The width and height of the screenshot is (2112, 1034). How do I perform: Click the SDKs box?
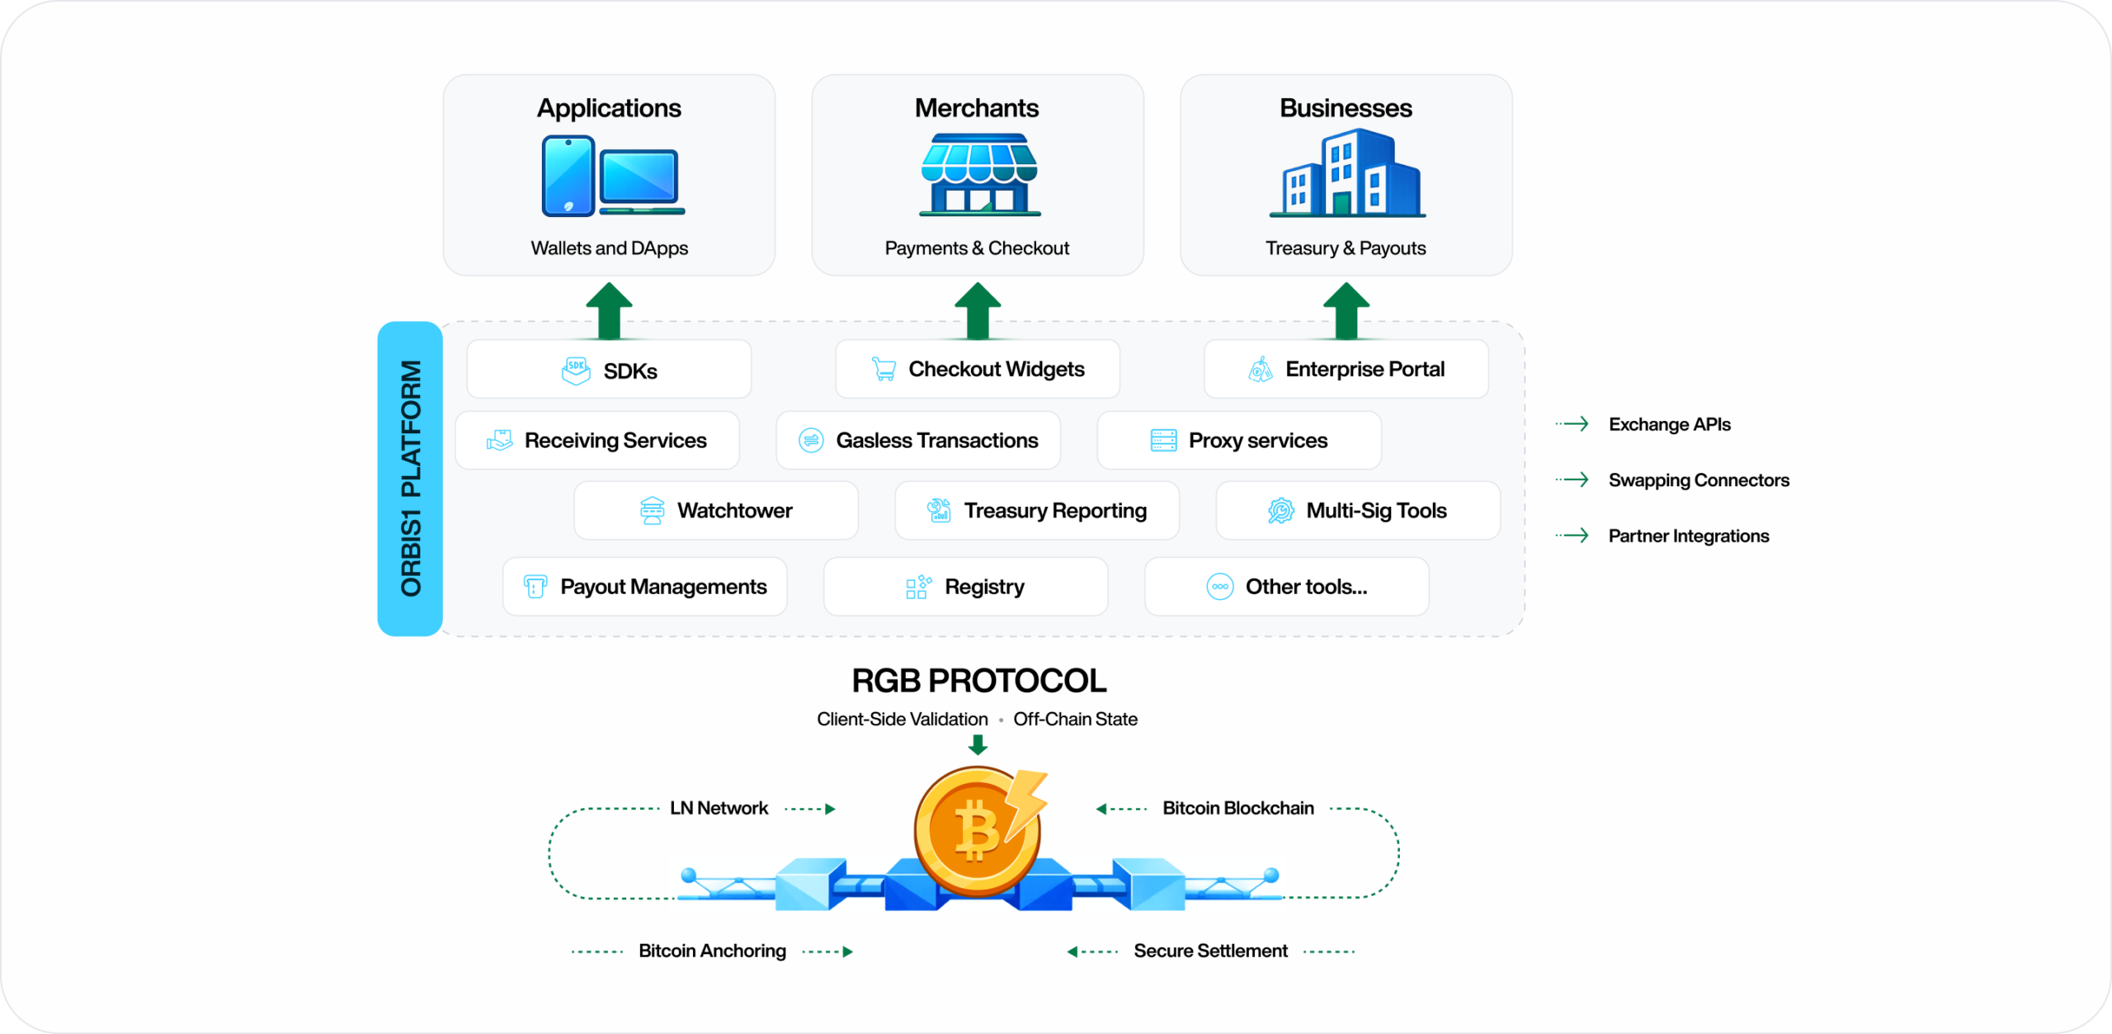609,370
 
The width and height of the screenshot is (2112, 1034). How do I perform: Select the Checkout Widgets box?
978,369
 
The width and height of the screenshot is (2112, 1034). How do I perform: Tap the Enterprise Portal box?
1346,369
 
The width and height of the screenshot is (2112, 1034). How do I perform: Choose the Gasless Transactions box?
918,441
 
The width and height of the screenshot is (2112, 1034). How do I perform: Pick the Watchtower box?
716,511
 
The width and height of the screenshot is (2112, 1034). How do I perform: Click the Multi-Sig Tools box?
1358,511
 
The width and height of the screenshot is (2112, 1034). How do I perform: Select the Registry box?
965,587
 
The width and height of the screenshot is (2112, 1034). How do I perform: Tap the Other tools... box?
1286,587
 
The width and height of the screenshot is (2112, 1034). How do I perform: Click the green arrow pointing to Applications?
609,311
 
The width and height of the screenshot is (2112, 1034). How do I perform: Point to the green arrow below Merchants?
978,311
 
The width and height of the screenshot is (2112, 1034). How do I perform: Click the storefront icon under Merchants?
979,175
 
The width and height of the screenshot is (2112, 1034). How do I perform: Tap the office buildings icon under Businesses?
1347,175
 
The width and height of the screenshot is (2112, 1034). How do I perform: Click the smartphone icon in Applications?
568,176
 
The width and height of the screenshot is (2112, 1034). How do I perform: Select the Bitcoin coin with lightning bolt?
978,829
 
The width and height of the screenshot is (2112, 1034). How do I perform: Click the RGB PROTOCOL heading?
978,681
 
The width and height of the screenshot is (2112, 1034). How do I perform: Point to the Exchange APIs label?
1669,424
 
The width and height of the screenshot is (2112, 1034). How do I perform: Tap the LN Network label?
719,808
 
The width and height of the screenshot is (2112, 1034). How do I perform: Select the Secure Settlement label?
1210,951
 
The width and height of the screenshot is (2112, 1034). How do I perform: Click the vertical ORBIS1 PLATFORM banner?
410,479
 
